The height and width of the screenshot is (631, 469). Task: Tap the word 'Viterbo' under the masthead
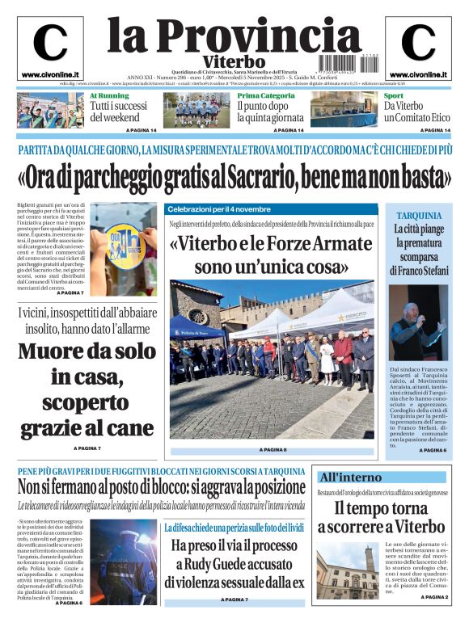(234, 61)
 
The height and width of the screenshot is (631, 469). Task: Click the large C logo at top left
(50, 43)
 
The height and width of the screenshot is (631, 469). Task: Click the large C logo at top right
(418, 43)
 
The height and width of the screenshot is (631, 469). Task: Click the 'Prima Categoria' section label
(266, 95)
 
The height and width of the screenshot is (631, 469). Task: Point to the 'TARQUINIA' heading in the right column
(418, 216)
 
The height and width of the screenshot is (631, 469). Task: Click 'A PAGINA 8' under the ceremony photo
(273, 449)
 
